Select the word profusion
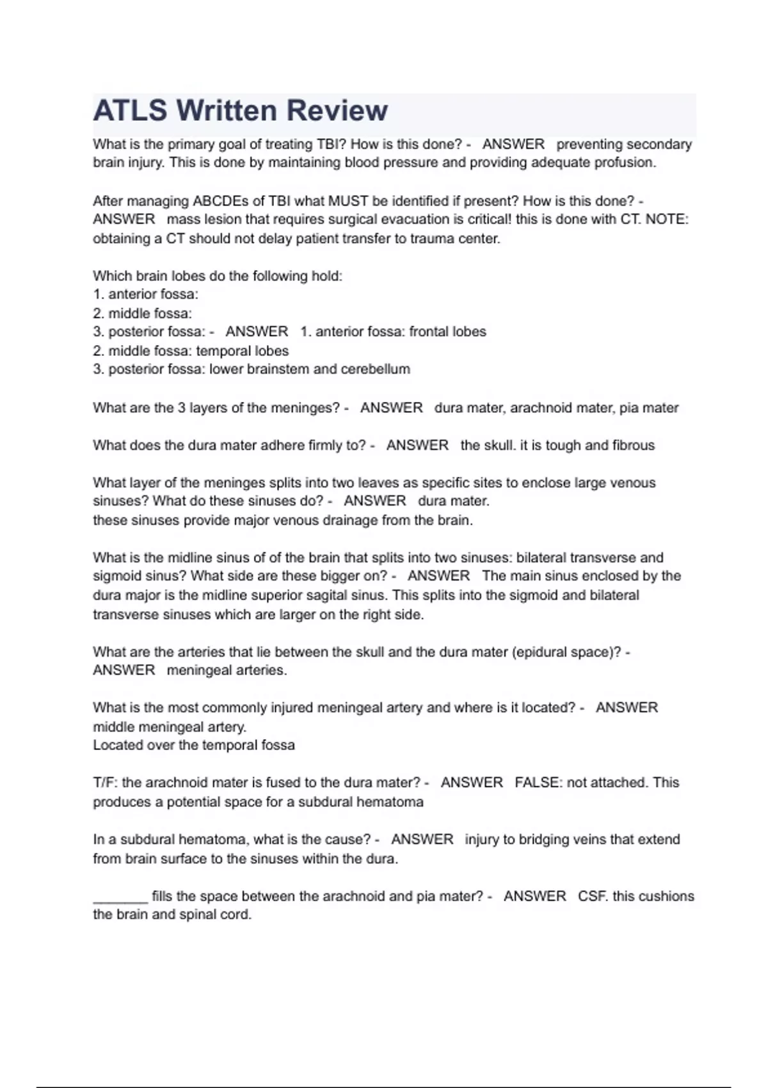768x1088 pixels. coord(625,163)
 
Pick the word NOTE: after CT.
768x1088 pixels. coord(667,220)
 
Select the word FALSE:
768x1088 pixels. coord(538,783)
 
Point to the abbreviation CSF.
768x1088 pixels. coord(592,896)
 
